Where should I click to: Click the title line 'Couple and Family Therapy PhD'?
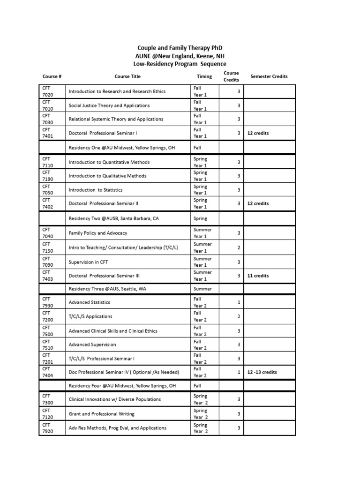pyautogui.click(x=180, y=48)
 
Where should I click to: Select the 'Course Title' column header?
pyautogui.click(x=127, y=76)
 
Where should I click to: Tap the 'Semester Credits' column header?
pyautogui.click(x=269, y=76)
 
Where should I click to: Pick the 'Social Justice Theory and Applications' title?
pyautogui.click(x=109, y=105)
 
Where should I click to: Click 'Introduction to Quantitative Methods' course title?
pyautogui.click(x=109, y=162)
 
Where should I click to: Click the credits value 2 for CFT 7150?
pyautogui.click(x=239, y=247)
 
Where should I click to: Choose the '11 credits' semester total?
pyautogui.click(x=258, y=276)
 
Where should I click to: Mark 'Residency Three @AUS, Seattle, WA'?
pyautogui.click(x=107, y=289)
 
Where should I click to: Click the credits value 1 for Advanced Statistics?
pyautogui.click(x=239, y=302)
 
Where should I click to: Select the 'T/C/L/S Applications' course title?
pyautogui.click(x=90, y=316)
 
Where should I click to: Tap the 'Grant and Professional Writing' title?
pyautogui.click(x=101, y=414)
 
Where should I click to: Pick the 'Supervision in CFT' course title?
pyautogui.click(x=88, y=262)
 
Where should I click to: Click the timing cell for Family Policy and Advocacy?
pyautogui.click(x=202, y=233)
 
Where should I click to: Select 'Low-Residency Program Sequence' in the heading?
pyautogui.click(x=180, y=64)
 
